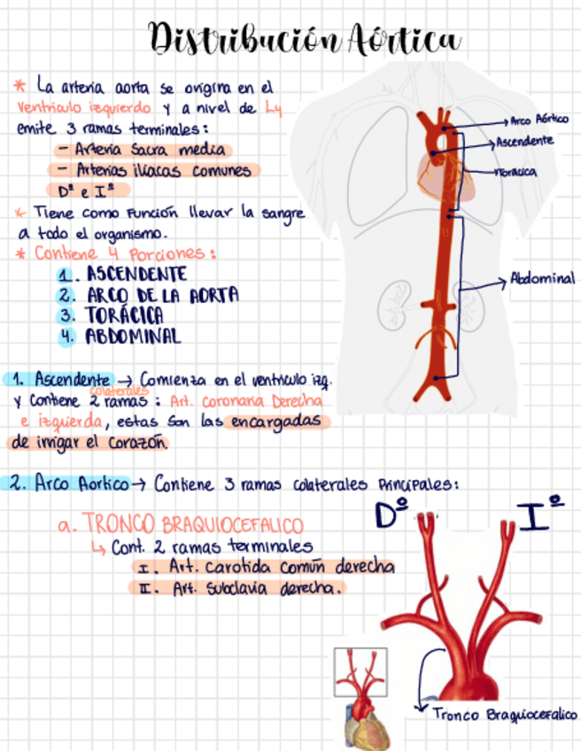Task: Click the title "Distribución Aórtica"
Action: click(x=306, y=41)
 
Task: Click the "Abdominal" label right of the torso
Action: click(x=542, y=278)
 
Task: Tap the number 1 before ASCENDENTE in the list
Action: click(x=65, y=275)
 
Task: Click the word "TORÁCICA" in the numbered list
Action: click(x=124, y=315)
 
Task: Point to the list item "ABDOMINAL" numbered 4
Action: click(x=133, y=337)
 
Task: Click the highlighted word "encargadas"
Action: click(x=276, y=422)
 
